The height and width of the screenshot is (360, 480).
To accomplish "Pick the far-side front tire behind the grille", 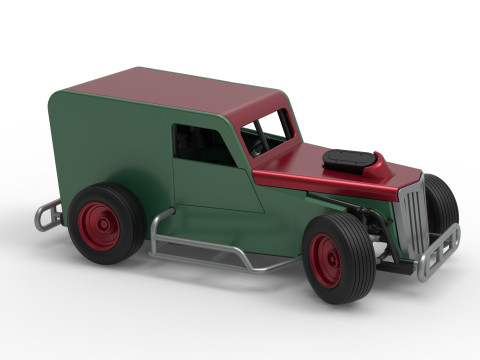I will coord(441,204).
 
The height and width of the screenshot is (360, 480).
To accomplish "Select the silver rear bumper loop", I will coord(44,213).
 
